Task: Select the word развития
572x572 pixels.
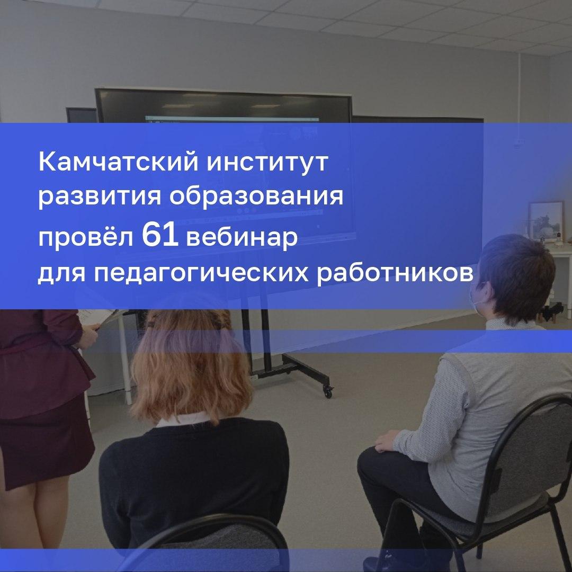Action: tap(100, 197)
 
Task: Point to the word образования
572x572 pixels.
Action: tap(256, 196)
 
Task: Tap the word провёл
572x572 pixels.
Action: tap(86, 237)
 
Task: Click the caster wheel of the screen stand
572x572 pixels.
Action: tap(328, 392)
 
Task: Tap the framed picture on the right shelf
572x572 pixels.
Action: tap(546, 221)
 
